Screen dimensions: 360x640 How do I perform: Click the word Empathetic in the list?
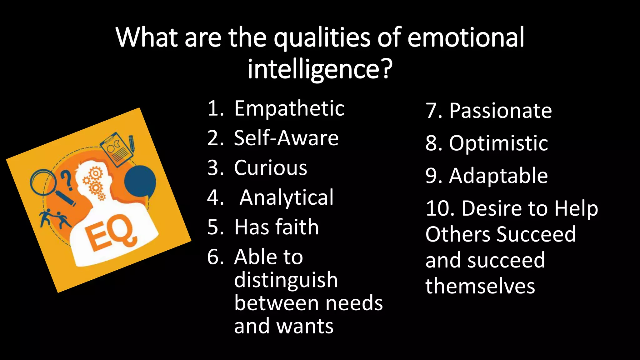tap(289, 109)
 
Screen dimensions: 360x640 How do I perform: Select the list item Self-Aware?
tap(286, 138)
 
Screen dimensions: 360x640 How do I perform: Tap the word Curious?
tap(270, 168)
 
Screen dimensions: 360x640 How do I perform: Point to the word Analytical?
tap(287, 197)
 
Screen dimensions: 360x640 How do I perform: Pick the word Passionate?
tap(500, 111)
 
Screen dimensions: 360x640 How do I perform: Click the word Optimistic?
tap(498, 143)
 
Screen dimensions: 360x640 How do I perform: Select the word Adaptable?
tap(498, 176)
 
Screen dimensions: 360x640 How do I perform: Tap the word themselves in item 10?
tap(480, 286)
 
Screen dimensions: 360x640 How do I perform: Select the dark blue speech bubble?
tap(140, 181)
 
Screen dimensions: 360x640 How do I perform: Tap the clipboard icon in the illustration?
tap(116, 149)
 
